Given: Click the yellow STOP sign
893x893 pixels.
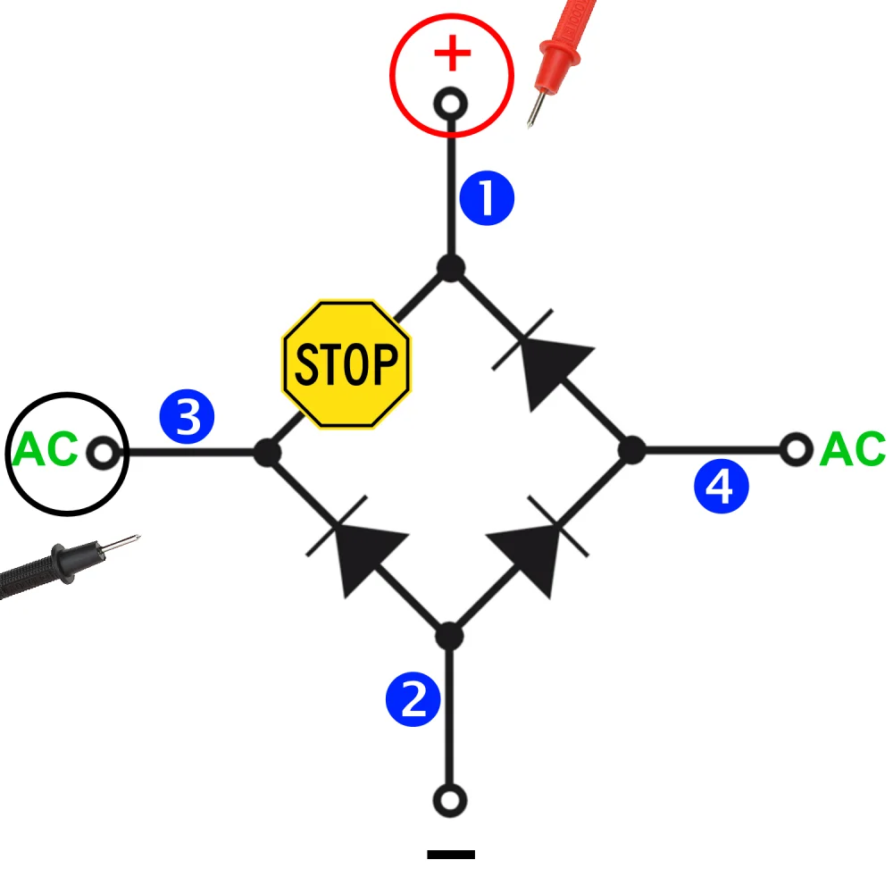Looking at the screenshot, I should (x=346, y=363).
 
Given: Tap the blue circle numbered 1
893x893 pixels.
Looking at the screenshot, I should (x=487, y=199).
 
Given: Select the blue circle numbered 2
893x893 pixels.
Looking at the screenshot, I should (x=413, y=698).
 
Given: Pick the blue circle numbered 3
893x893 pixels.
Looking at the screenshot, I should (x=187, y=417).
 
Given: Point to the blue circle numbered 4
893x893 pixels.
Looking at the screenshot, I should (x=722, y=488).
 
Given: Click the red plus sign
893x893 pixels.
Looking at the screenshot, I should (x=452, y=54).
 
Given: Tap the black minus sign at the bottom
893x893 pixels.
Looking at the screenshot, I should (x=451, y=855).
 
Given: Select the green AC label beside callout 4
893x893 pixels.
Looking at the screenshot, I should (x=852, y=449).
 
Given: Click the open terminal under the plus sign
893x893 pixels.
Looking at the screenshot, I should (x=451, y=104).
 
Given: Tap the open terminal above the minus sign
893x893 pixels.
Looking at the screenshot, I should (x=451, y=798).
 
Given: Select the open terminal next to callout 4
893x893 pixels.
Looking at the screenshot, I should (x=796, y=449).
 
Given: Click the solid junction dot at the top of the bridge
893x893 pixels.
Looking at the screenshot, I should (x=451, y=267).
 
